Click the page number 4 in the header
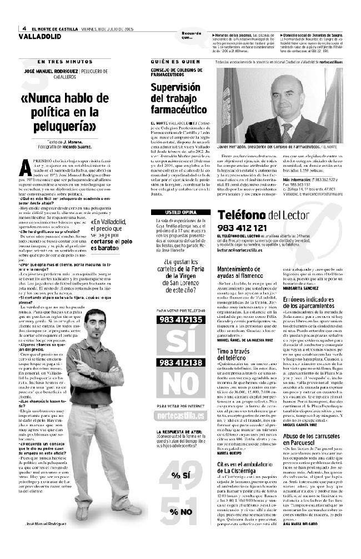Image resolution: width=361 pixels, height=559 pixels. (x=24, y=29)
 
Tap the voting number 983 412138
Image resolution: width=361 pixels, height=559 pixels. (x=181, y=362)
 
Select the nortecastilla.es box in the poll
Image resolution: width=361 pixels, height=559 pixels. (x=180, y=417)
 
